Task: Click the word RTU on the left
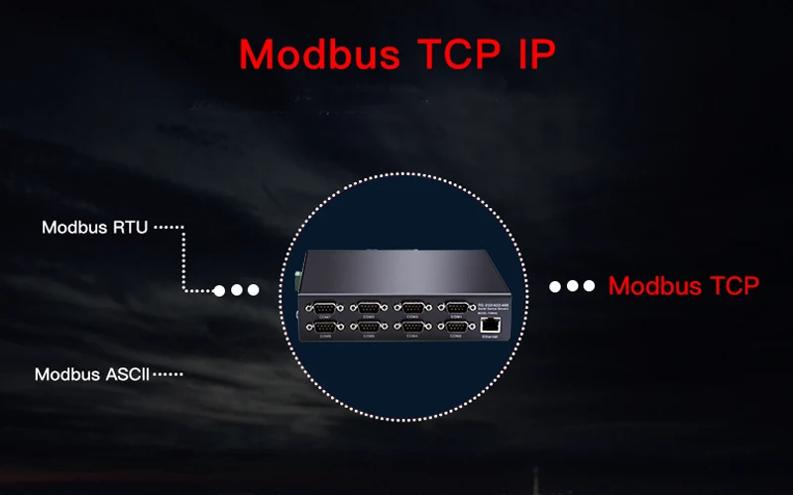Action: [129, 228]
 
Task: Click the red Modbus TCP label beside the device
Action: [684, 286]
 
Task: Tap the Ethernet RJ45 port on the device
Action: [490, 326]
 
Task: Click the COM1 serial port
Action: [457, 307]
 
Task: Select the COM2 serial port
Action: [457, 328]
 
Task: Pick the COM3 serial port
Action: [413, 307]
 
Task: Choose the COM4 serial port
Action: [413, 328]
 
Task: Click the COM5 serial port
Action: [369, 307]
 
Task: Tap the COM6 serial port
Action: [369, 328]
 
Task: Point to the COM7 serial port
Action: [324, 307]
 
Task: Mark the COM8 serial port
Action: [324, 328]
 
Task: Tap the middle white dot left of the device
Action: [237, 290]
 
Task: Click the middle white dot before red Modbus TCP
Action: [572, 286]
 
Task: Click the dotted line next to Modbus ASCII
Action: [169, 375]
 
